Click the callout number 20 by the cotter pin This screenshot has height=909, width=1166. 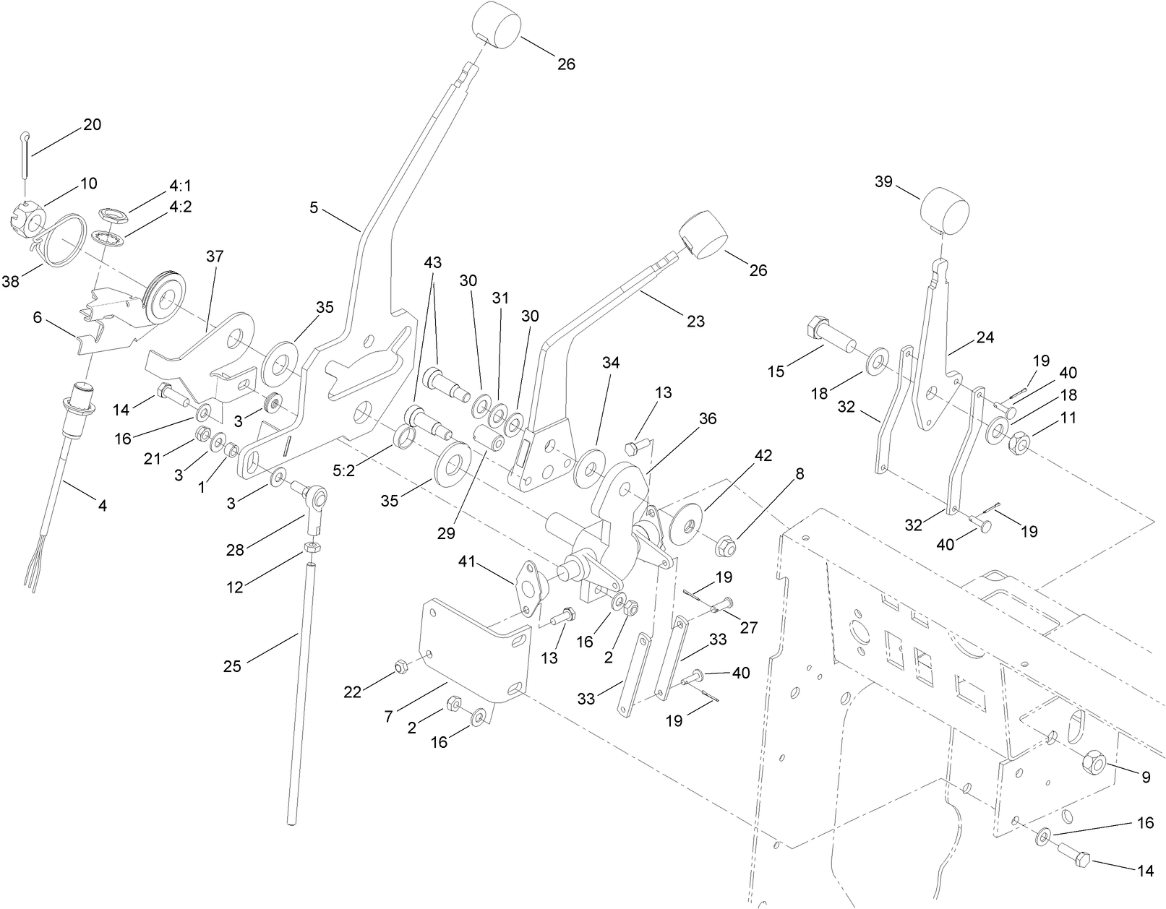pyautogui.click(x=92, y=124)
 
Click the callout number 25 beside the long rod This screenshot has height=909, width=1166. pyautogui.click(x=232, y=667)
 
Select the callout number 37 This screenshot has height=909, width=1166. pyautogui.click(x=215, y=257)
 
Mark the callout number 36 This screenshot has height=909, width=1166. pyautogui.click(x=708, y=419)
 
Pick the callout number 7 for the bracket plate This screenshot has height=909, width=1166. pyautogui.click(x=388, y=716)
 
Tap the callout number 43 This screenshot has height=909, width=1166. pyautogui.click(x=433, y=262)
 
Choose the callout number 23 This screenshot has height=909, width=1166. pyautogui.click(x=695, y=322)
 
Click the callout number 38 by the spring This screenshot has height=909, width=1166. pyautogui.click(x=10, y=282)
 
